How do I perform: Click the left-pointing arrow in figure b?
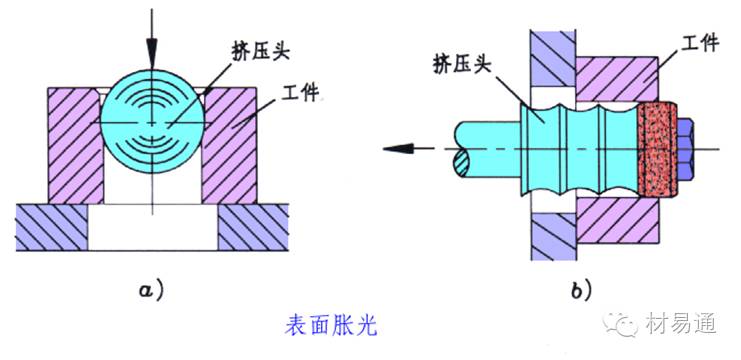click(400, 148)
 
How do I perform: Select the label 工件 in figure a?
click(300, 93)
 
